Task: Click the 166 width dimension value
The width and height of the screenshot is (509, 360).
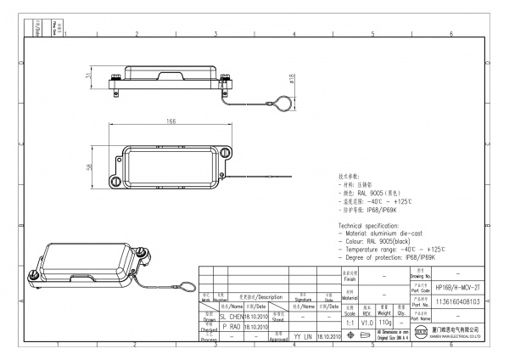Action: pyautogui.click(x=171, y=122)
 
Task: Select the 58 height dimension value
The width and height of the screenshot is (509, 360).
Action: pyautogui.click(x=90, y=166)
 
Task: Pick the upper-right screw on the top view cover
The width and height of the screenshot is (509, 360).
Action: pyautogui.click(x=227, y=153)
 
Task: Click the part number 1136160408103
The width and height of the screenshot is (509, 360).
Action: pyautogui.click(x=457, y=301)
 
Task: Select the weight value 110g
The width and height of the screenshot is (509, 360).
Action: pyautogui.click(x=385, y=323)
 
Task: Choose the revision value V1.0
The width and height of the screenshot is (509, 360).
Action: pyautogui.click(x=366, y=323)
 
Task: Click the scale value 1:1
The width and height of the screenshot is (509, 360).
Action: pyautogui.click(x=350, y=323)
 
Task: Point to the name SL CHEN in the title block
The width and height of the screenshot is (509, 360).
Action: pyautogui.click(x=231, y=314)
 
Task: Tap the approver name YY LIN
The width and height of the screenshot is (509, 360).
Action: pyautogui.click(x=304, y=336)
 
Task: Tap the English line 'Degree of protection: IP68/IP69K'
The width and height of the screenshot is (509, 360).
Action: pyautogui.click(x=395, y=256)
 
